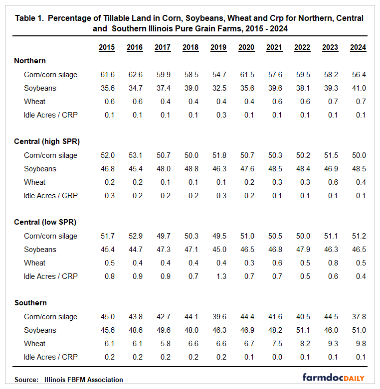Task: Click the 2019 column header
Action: pyautogui.click(x=218, y=48)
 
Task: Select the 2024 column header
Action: pyautogui.click(x=358, y=48)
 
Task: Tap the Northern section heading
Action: pyautogui.click(x=30, y=61)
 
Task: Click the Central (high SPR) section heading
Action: pyautogui.click(x=47, y=141)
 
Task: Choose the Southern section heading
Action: pyautogui.click(x=30, y=303)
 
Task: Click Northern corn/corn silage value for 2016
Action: pyautogui.click(x=135, y=75)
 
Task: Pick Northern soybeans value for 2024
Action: pyautogui.click(x=358, y=88)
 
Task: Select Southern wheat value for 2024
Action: pyautogui.click(x=358, y=344)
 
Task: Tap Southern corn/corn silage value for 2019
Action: pyautogui.click(x=218, y=317)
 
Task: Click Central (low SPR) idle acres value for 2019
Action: pyautogui.click(x=218, y=276)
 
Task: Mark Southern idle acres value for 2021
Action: pyautogui.click(x=274, y=357)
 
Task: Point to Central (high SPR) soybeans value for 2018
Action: pyautogui.click(x=190, y=169)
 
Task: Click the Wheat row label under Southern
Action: pyautogui.click(x=34, y=344)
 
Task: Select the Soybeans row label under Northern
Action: pyautogui.click(x=40, y=88)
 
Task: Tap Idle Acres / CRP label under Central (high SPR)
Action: pyautogui.click(x=51, y=196)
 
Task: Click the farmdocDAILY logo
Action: pyautogui.click(x=333, y=378)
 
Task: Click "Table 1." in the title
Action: pyautogui.click(x=31, y=18)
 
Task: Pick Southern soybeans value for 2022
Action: pyautogui.click(x=302, y=330)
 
